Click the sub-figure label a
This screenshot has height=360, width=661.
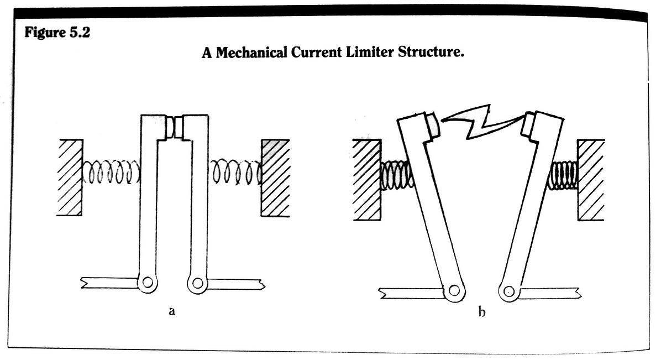point(172,311)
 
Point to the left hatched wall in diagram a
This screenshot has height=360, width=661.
point(69,177)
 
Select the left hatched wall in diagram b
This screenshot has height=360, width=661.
point(366,179)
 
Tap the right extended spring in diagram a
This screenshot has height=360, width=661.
point(235,174)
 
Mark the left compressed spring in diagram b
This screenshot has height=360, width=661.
point(396,175)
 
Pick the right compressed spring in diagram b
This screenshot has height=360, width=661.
point(562,175)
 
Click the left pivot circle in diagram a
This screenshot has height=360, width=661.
point(147,283)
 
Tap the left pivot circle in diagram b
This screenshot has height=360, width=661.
point(454,290)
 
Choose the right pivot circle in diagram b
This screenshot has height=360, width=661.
point(509,291)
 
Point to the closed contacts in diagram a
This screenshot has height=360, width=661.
point(175,128)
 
